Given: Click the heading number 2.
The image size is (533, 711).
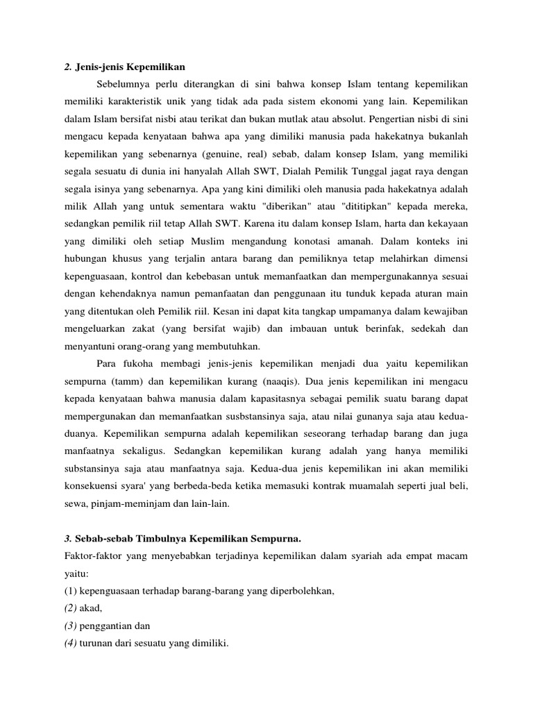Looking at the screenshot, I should pyautogui.click(x=67, y=67).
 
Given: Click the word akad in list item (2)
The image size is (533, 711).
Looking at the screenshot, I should pyautogui.click(x=90, y=609).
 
